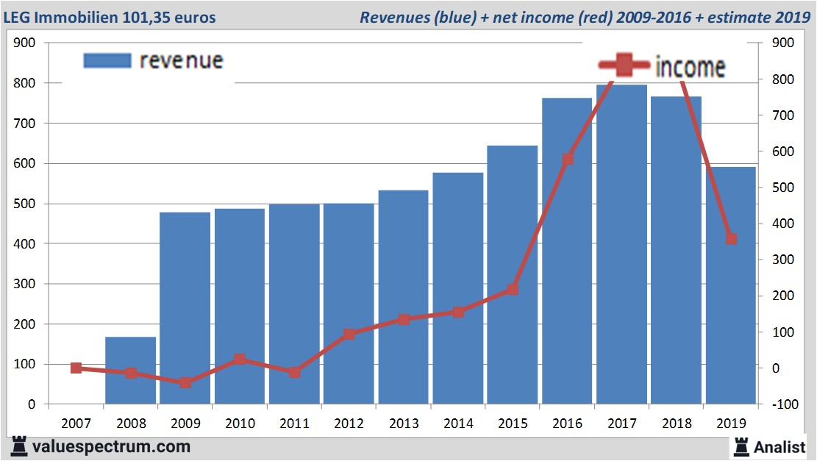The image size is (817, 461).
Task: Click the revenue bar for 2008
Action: [131, 371]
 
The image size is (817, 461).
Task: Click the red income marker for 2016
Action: [568, 159]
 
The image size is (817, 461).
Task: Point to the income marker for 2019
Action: [731, 239]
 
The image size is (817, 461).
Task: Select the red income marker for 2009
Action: [185, 382]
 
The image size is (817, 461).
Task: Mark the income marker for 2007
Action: [76, 368]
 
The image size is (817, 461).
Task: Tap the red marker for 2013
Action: [404, 320]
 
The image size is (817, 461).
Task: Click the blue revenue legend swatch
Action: [107, 60]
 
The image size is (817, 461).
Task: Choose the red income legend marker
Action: [624, 66]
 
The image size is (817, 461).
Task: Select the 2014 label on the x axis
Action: [458, 424]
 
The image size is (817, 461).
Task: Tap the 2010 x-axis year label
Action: [240, 424]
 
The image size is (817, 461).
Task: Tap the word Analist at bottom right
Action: [780, 446]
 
